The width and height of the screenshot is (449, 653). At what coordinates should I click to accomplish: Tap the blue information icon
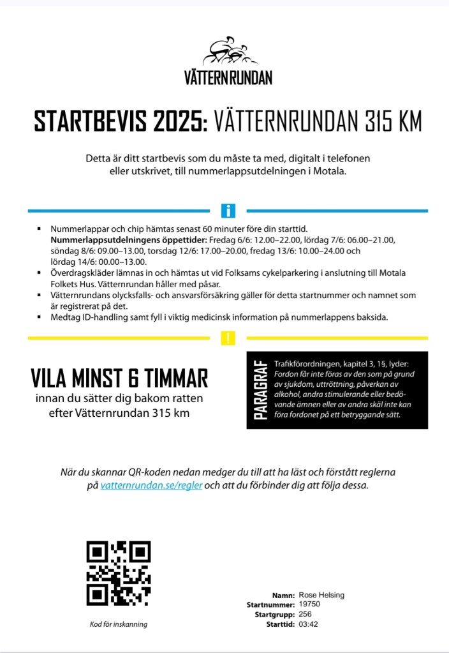[228, 211]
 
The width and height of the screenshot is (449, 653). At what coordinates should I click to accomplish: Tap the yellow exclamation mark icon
[228, 338]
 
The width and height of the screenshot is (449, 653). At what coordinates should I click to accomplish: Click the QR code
[119, 573]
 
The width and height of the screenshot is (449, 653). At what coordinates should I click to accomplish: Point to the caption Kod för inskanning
[119, 624]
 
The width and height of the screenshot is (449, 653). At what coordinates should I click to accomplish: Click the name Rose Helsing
[321, 595]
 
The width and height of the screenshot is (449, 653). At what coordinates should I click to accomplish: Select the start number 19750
[309, 604]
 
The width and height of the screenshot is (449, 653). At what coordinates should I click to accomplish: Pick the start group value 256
[305, 614]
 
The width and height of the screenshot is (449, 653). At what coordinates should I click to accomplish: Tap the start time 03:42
[308, 624]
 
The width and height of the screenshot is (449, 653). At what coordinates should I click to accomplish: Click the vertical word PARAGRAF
[260, 389]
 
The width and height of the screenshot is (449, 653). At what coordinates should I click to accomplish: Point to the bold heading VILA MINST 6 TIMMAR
[119, 379]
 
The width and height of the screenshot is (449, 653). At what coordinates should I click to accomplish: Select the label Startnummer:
[271, 604]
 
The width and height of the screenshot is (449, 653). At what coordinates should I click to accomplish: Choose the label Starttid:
[280, 624]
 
